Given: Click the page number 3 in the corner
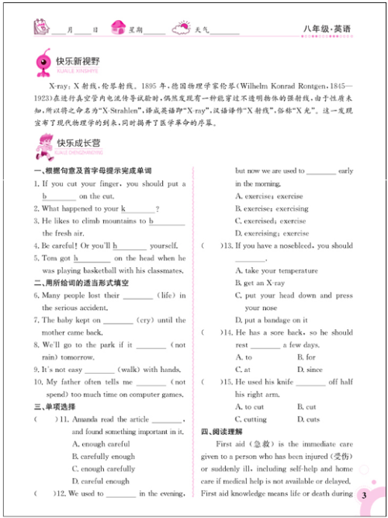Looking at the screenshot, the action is pos(363,495).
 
